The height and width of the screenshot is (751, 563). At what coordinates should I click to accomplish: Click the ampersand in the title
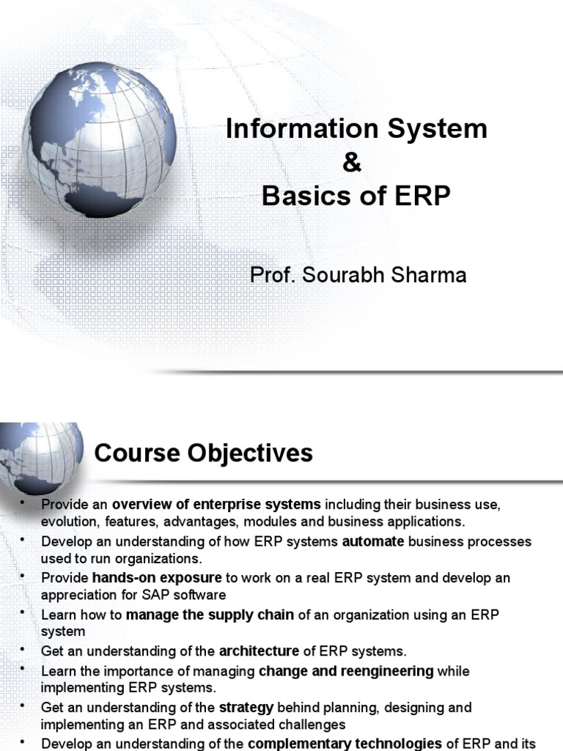pyautogui.click(x=353, y=163)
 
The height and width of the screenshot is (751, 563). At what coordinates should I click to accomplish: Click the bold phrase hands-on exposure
pyautogui.click(x=157, y=577)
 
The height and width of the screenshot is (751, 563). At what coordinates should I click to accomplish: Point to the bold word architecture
pyautogui.click(x=259, y=651)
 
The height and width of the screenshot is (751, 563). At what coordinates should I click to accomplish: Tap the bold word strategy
pyautogui.click(x=246, y=708)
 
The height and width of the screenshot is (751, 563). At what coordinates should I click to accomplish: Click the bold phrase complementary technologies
pyautogui.click(x=345, y=744)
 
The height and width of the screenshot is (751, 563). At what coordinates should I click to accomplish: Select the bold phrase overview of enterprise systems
pyautogui.click(x=216, y=505)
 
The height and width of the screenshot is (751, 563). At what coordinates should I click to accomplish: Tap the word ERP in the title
pyautogui.click(x=419, y=197)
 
